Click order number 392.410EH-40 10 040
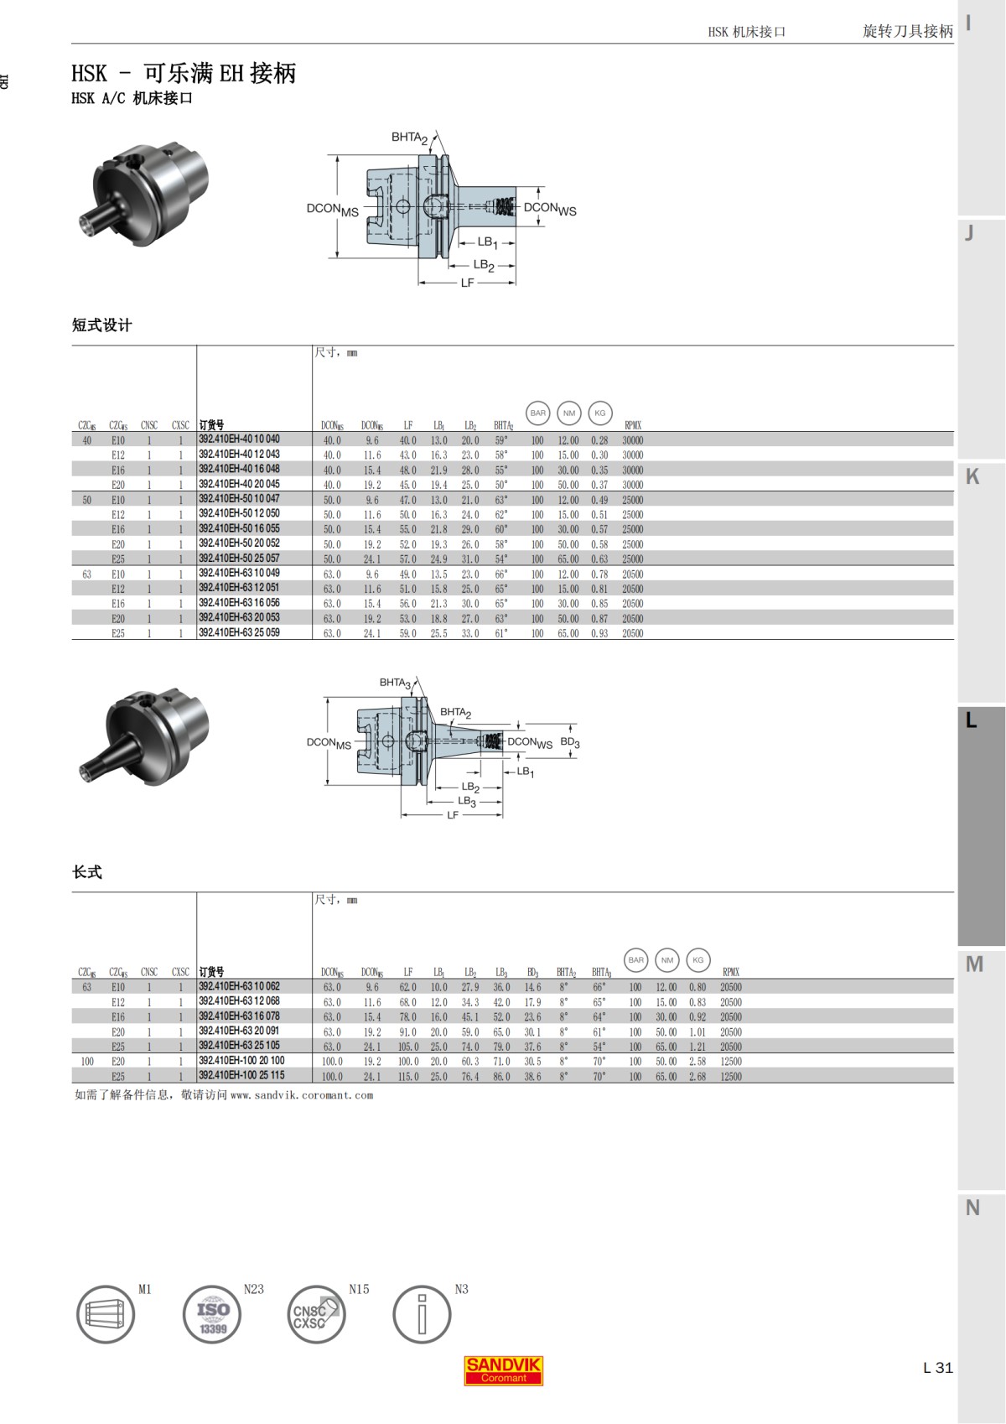[x=239, y=439]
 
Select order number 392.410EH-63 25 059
[x=239, y=633]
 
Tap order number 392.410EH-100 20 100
[x=241, y=1061]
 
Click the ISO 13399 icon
[x=212, y=1314]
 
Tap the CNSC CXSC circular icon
[x=316, y=1314]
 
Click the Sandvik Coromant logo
[x=503, y=1369]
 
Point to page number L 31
[x=937, y=1368]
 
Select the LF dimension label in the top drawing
[x=467, y=283]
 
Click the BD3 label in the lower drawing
[x=570, y=743]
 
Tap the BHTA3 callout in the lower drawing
[x=395, y=683]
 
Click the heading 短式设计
[x=101, y=325]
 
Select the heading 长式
[x=87, y=872]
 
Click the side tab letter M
[x=974, y=964]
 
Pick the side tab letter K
[x=972, y=476]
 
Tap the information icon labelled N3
[x=422, y=1314]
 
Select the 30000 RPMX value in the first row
[x=632, y=440]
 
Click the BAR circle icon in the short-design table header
[x=537, y=413]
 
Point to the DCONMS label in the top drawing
[x=332, y=210]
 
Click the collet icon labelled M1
[x=106, y=1314]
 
